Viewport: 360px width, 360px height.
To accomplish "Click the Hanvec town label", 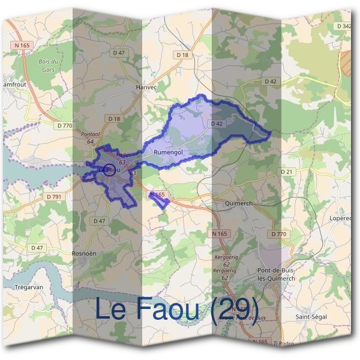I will (x=146, y=87).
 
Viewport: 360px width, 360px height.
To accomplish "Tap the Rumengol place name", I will (x=167, y=154).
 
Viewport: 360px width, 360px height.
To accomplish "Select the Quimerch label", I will (x=238, y=203).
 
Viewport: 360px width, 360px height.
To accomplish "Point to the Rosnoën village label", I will (x=84, y=254).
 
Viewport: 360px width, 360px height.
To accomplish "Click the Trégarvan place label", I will (x=29, y=287).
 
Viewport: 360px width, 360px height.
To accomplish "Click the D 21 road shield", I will (x=288, y=172).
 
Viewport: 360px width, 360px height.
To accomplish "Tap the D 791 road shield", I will (x=54, y=196).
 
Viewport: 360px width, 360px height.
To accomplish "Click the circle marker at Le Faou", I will (x=109, y=170).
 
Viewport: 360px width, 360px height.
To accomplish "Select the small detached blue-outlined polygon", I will (x=159, y=200).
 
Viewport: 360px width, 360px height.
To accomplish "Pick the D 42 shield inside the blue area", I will (x=217, y=124).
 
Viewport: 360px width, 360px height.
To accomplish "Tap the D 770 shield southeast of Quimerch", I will (x=278, y=233).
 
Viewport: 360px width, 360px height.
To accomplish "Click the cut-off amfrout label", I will (x=13, y=85).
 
